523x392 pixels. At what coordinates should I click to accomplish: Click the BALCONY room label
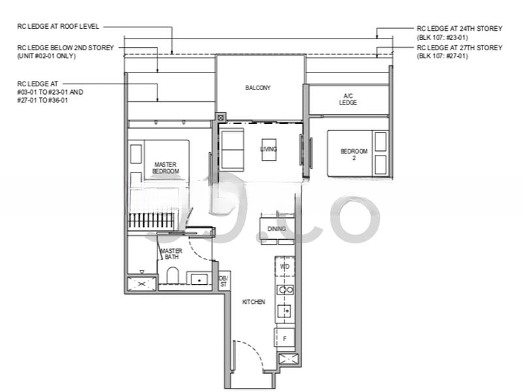pyautogui.click(x=258, y=88)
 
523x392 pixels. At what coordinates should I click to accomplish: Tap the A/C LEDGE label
pyautogui.click(x=348, y=99)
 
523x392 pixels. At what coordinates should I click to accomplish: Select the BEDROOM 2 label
pyautogui.click(x=354, y=154)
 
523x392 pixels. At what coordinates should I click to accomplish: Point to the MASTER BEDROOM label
pyautogui.click(x=165, y=168)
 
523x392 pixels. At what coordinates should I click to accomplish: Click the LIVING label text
pyautogui.click(x=268, y=150)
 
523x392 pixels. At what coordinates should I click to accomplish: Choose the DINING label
pyautogui.click(x=276, y=229)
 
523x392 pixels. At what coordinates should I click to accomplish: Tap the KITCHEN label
pyautogui.click(x=254, y=302)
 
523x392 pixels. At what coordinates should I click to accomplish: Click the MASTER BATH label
pyautogui.click(x=171, y=253)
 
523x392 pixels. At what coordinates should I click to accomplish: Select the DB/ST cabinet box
pyautogui.click(x=224, y=281)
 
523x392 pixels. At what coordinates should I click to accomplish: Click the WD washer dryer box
pyautogui.click(x=284, y=267)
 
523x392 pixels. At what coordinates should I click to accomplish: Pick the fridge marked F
pyautogui.click(x=284, y=338)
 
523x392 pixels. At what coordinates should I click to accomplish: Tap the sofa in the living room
pyautogui.click(x=232, y=150)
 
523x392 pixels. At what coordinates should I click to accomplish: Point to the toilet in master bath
pyautogui.click(x=173, y=276)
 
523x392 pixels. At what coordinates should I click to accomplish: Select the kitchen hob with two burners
pyautogui.click(x=285, y=289)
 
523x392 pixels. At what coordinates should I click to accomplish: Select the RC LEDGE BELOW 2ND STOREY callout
pyautogui.click(x=65, y=52)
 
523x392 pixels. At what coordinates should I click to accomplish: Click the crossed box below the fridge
pyautogui.click(x=287, y=359)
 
